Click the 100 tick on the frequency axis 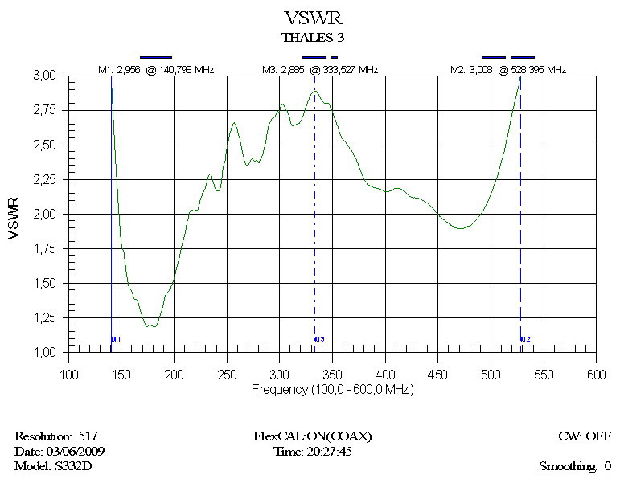click(70, 375)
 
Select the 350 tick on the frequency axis click(332, 375)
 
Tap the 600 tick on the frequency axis click(596, 375)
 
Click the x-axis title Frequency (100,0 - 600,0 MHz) click(333, 389)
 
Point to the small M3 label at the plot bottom click(319, 340)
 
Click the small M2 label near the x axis click(525, 340)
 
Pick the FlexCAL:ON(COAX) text click(312, 436)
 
